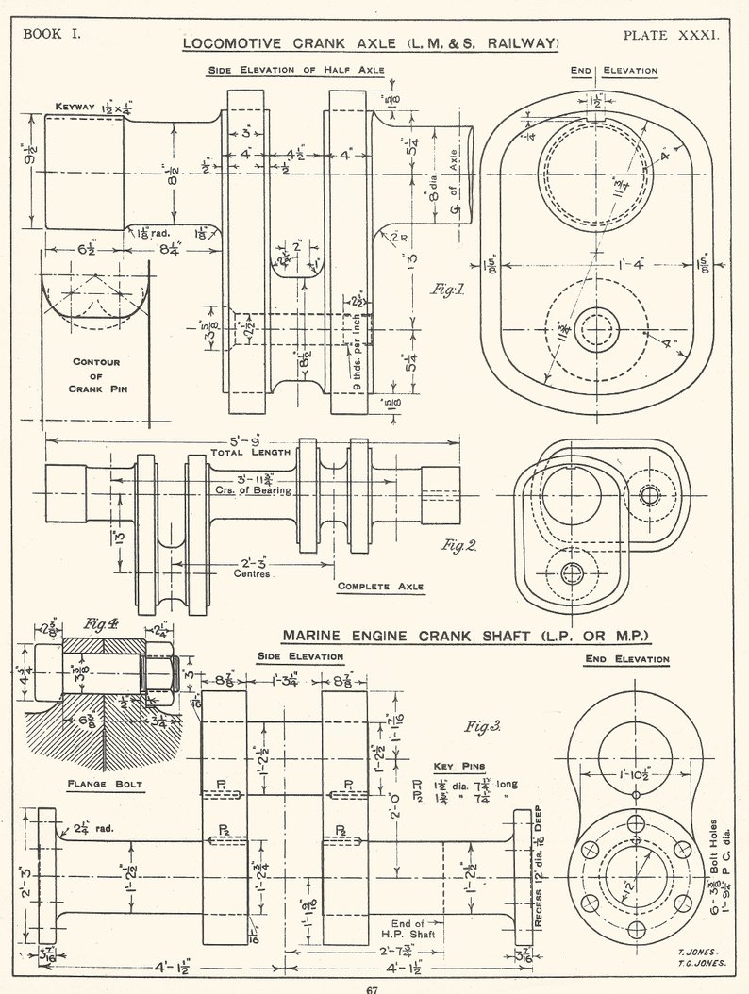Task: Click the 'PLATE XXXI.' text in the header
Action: click(x=671, y=35)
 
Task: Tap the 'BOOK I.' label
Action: click(x=53, y=35)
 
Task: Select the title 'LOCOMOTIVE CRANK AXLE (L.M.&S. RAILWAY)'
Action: click(x=371, y=44)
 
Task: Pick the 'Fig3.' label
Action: click(x=483, y=726)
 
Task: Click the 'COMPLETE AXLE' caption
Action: click(x=381, y=587)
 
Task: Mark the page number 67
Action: click(x=373, y=987)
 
